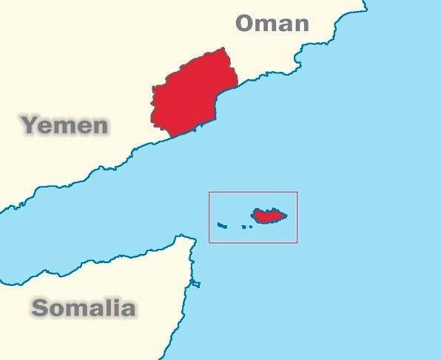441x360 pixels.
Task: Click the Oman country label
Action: [x=272, y=23]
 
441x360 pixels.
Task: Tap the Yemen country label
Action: [x=65, y=125]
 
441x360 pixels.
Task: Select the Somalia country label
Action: [x=84, y=307]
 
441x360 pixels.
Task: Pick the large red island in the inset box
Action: [x=268, y=216]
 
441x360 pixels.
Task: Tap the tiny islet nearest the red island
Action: [x=250, y=226]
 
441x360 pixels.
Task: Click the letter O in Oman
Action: [x=245, y=23]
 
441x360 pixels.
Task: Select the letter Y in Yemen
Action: [x=30, y=125]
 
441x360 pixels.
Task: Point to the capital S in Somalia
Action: [x=41, y=307]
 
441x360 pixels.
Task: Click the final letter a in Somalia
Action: [x=127, y=309]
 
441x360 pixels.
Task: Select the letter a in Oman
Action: [x=286, y=24]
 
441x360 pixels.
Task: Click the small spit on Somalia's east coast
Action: [x=195, y=284]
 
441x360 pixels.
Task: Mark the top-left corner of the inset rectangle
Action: [x=209, y=193]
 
